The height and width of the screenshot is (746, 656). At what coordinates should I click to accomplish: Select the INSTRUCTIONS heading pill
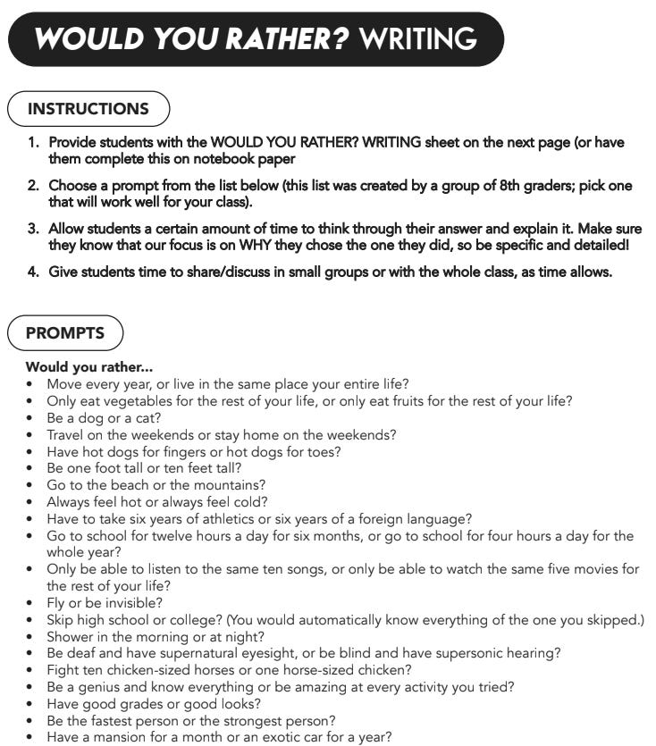(88, 109)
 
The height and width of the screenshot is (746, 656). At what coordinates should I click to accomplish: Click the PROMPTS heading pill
(65, 333)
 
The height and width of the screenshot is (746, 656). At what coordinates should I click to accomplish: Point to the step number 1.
(32, 142)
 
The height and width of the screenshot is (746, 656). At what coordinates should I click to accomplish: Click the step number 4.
(32, 272)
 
